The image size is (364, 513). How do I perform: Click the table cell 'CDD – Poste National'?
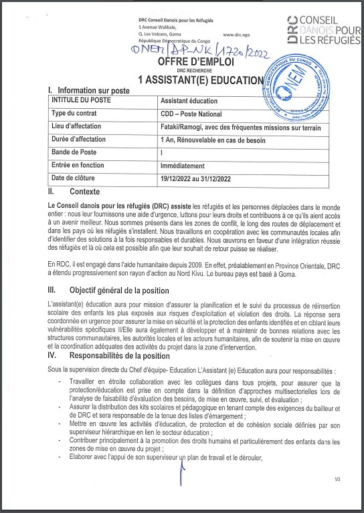coord(191,114)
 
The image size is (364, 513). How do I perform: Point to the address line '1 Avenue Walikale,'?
coord(159,27)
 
